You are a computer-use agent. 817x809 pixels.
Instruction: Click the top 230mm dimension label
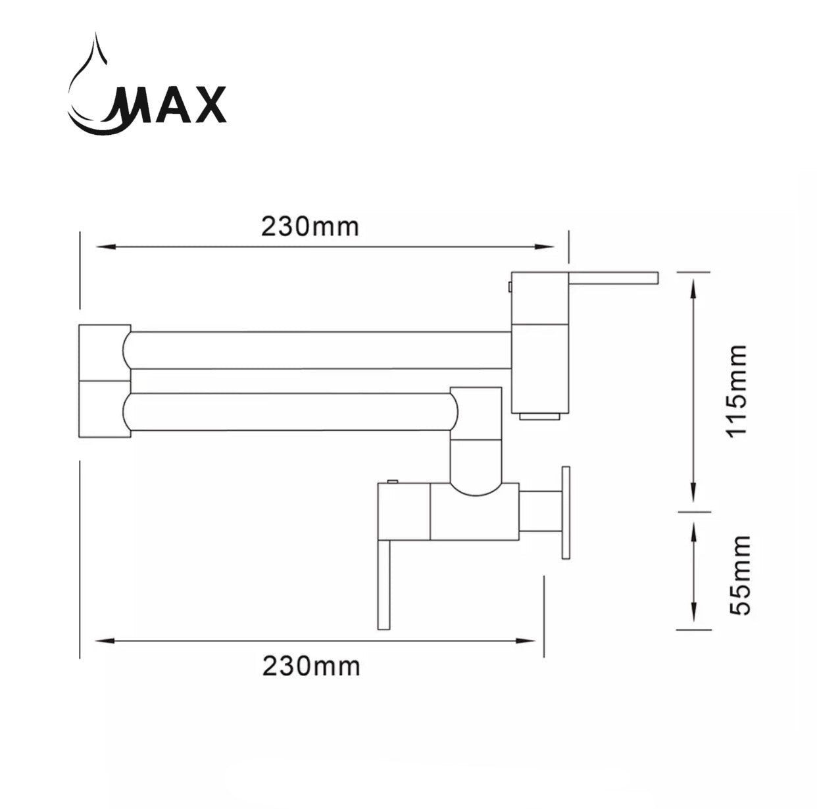[x=310, y=226]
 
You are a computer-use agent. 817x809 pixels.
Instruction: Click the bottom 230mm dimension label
[x=311, y=666]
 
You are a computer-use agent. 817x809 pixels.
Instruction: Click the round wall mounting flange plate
[x=565, y=513]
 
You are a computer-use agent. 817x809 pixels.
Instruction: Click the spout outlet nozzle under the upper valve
[x=539, y=416]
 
